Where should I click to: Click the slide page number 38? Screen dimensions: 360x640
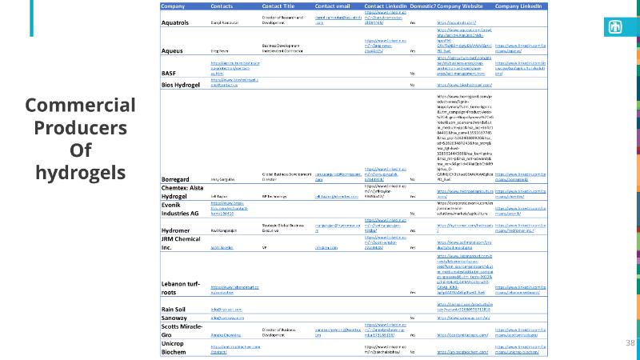coord(630,342)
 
